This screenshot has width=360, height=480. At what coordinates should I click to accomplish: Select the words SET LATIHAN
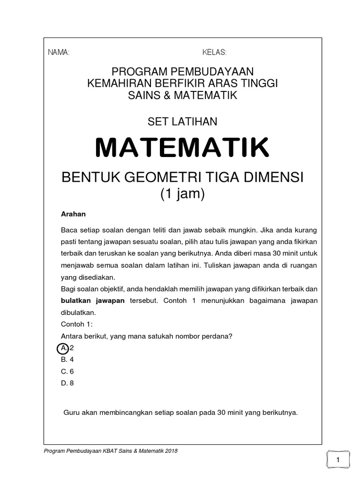(182, 121)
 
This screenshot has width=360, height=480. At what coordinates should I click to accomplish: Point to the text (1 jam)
(182, 194)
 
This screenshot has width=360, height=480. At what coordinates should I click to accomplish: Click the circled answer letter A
(63, 348)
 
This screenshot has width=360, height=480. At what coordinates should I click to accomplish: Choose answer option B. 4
(67, 360)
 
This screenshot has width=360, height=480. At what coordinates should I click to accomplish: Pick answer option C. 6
(67, 371)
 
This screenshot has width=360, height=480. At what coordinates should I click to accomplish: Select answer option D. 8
(67, 383)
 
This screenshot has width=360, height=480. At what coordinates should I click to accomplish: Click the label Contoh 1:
(76, 323)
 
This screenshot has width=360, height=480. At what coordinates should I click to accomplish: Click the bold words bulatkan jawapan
(93, 300)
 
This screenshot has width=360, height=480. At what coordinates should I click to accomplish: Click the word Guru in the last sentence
(71, 413)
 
